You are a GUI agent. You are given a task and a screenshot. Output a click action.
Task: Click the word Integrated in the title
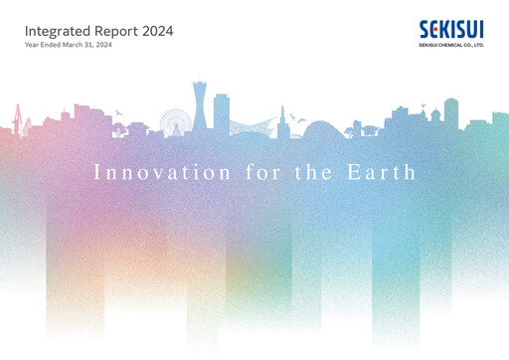tap(56, 31)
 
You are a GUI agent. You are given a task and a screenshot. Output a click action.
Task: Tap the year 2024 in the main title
tap(157, 31)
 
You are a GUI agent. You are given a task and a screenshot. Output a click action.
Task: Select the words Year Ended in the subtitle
tap(44, 46)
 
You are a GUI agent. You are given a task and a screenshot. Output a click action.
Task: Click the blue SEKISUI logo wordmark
tap(452, 29)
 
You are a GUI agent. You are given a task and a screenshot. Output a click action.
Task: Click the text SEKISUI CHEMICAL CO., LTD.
tap(452, 44)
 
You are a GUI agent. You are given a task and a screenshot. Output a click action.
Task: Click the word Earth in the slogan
tap(386, 172)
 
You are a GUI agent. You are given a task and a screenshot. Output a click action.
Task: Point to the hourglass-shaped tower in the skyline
tap(203, 109)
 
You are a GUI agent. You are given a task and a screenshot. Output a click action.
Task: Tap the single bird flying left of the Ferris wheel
tap(118, 111)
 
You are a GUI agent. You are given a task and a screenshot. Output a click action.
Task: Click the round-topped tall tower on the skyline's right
tap(450, 109)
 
